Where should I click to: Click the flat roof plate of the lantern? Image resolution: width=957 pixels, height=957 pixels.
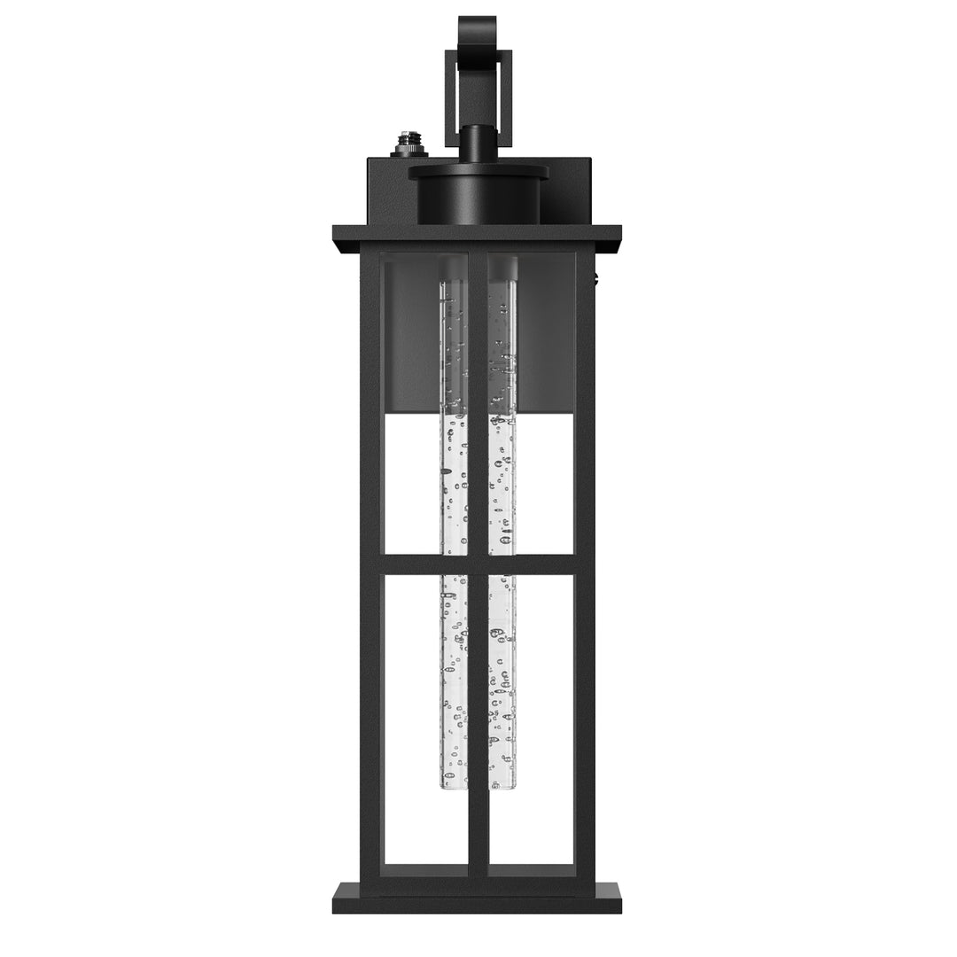[x=477, y=237]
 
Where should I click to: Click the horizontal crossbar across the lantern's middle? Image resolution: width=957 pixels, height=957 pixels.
[x=477, y=565]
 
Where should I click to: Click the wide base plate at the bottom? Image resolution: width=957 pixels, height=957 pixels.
[x=477, y=898]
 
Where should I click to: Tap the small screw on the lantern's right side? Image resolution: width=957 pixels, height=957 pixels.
[x=598, y=282]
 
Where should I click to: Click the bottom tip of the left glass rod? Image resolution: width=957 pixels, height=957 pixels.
[x=455, y=783]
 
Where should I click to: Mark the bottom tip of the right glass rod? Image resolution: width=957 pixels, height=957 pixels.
[x=502, y=783]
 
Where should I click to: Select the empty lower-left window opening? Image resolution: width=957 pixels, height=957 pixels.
[x=411, y=718]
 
